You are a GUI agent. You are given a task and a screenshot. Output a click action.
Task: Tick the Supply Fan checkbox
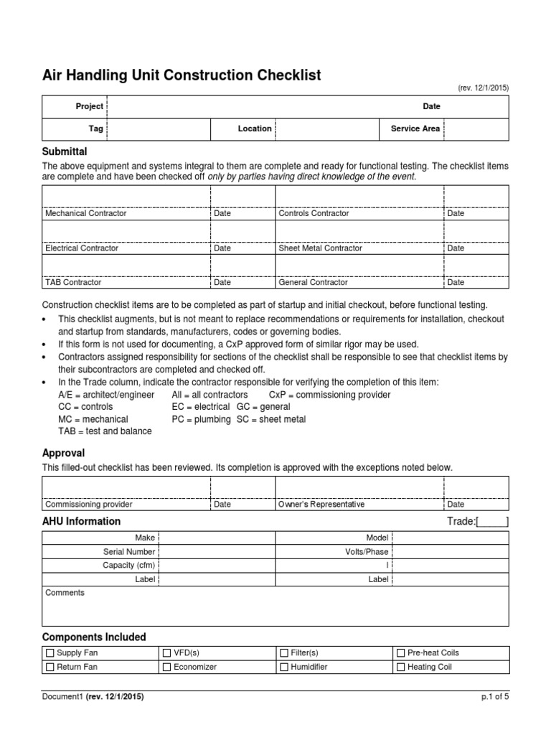50,653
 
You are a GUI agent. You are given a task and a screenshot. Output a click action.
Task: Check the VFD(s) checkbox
166,653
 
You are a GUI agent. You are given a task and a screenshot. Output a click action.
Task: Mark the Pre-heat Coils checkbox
400,653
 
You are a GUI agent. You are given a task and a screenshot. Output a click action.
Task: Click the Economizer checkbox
166,667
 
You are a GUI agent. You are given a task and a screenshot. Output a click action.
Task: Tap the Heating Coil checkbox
400,667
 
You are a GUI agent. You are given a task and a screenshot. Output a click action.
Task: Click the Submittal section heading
65,151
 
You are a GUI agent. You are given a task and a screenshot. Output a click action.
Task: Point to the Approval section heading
63,453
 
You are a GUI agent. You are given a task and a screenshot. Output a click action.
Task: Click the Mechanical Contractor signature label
85,213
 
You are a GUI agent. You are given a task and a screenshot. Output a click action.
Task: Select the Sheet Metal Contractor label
320,248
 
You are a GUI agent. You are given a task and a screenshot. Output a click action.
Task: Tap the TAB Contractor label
73,283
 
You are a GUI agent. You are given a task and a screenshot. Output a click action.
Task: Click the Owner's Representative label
321,505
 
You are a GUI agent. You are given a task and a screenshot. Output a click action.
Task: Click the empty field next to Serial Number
216,552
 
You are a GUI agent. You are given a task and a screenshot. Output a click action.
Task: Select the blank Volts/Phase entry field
450,552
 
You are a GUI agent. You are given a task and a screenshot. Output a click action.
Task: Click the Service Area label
415,128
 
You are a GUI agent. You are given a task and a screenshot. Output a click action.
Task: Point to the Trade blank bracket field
493,522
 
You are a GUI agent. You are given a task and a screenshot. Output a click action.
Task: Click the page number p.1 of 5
494,696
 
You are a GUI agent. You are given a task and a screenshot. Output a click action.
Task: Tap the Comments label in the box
65,593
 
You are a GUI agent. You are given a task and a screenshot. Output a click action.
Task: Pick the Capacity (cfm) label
128,566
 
